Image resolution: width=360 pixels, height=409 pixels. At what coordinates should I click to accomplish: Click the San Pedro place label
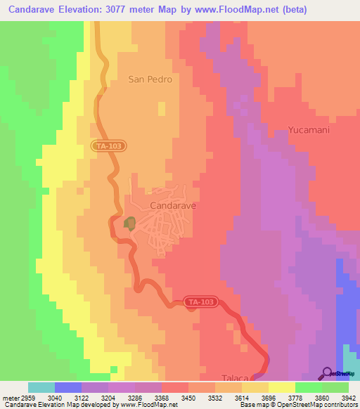(150, 79)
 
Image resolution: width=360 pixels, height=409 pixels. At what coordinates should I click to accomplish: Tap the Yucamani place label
(309, 130)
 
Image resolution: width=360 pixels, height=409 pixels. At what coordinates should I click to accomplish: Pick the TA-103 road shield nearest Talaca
(201, 302)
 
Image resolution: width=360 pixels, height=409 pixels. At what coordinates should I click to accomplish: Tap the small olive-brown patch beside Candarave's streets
(129, 223)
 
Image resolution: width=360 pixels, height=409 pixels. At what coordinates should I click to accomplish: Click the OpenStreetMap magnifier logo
(327, 373)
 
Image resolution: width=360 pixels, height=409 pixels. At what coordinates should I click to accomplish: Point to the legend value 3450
(188, 398)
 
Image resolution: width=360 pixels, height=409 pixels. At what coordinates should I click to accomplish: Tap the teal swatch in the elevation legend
(41, 387)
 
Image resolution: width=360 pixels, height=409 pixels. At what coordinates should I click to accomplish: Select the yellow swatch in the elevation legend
(282, 387)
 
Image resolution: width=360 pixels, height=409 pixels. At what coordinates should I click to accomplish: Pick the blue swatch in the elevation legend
(68, 387)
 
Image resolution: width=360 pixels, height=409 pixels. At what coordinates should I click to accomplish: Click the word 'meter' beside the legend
(8, 398)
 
